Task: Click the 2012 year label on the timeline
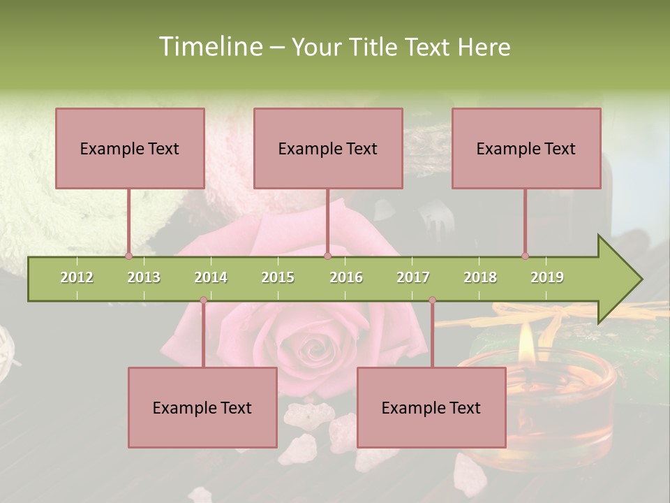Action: coord(77,277)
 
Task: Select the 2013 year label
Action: coord(144,277)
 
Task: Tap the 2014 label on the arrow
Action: coord(211,277)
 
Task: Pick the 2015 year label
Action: coord(278,277)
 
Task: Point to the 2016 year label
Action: coord(346,277)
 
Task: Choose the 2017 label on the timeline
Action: coord(413,277)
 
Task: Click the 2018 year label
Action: coord(480,277)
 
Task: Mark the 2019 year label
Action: coord(547,277)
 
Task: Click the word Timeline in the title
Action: coord(209,47)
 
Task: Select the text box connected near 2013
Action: coord(130,148)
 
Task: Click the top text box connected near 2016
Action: coord(328,148)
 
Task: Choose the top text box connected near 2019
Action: coord(526,148)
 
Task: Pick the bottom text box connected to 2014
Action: coord(202,407)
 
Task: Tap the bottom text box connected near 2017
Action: coord(431,407)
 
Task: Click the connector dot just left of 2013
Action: coord(128,256)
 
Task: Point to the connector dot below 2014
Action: coord(203,300)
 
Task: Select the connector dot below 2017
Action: coord(432,300)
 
